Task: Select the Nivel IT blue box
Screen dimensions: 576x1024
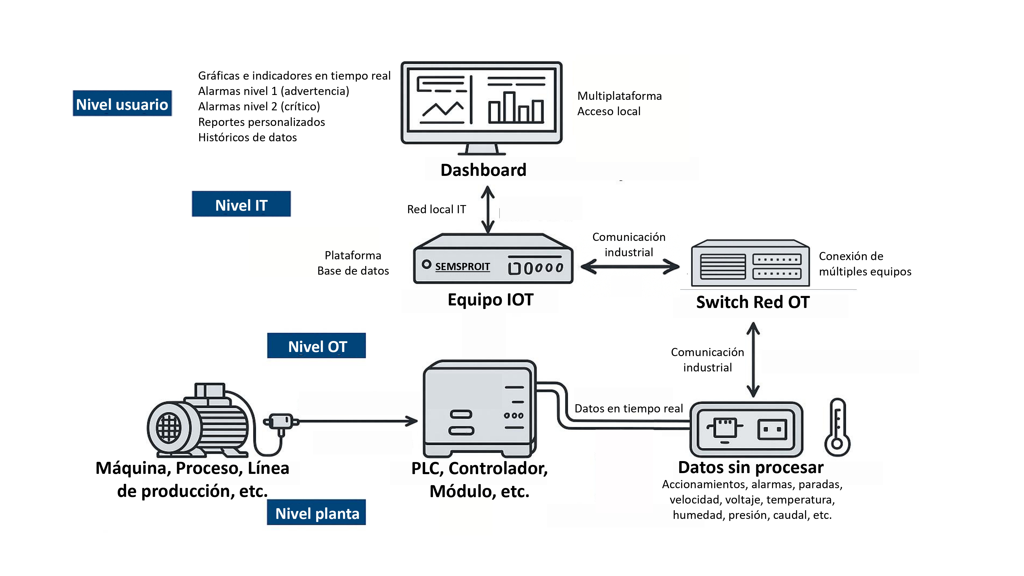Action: (241, 204)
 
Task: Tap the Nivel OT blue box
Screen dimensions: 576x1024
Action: (316, 346)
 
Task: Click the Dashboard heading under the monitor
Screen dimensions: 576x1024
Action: (483, 170)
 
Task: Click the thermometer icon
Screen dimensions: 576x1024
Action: (837, 428)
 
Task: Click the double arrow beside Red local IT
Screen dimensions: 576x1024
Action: (488, 209)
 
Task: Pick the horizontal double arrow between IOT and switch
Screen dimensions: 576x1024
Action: (630, 267)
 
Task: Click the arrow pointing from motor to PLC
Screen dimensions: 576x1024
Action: (358, 421)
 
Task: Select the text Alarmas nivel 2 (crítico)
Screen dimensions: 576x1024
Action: (259, 106)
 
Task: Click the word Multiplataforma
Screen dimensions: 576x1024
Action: (619, 96)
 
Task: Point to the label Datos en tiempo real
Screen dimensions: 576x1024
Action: (628, 409)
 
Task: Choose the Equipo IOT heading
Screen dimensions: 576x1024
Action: (490, 300)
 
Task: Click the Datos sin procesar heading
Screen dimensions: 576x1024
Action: (751, 467)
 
